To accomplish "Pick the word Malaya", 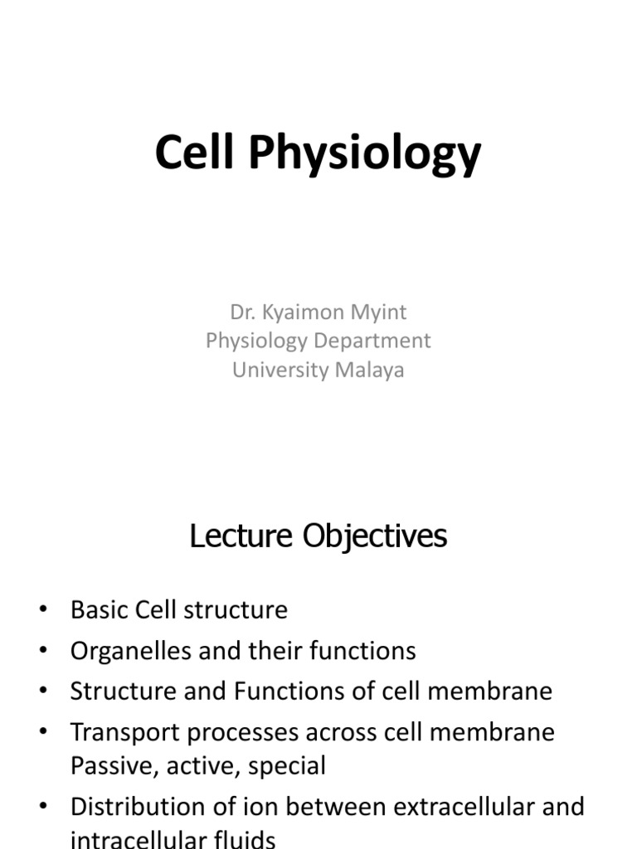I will click(370, 370).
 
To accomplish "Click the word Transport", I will click(124, 733).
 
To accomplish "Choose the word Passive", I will click(110, 765).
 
